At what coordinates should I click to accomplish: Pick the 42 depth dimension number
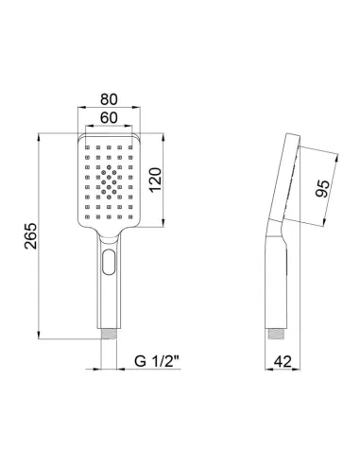point(280,360)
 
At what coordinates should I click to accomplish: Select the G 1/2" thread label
point(151,360)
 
